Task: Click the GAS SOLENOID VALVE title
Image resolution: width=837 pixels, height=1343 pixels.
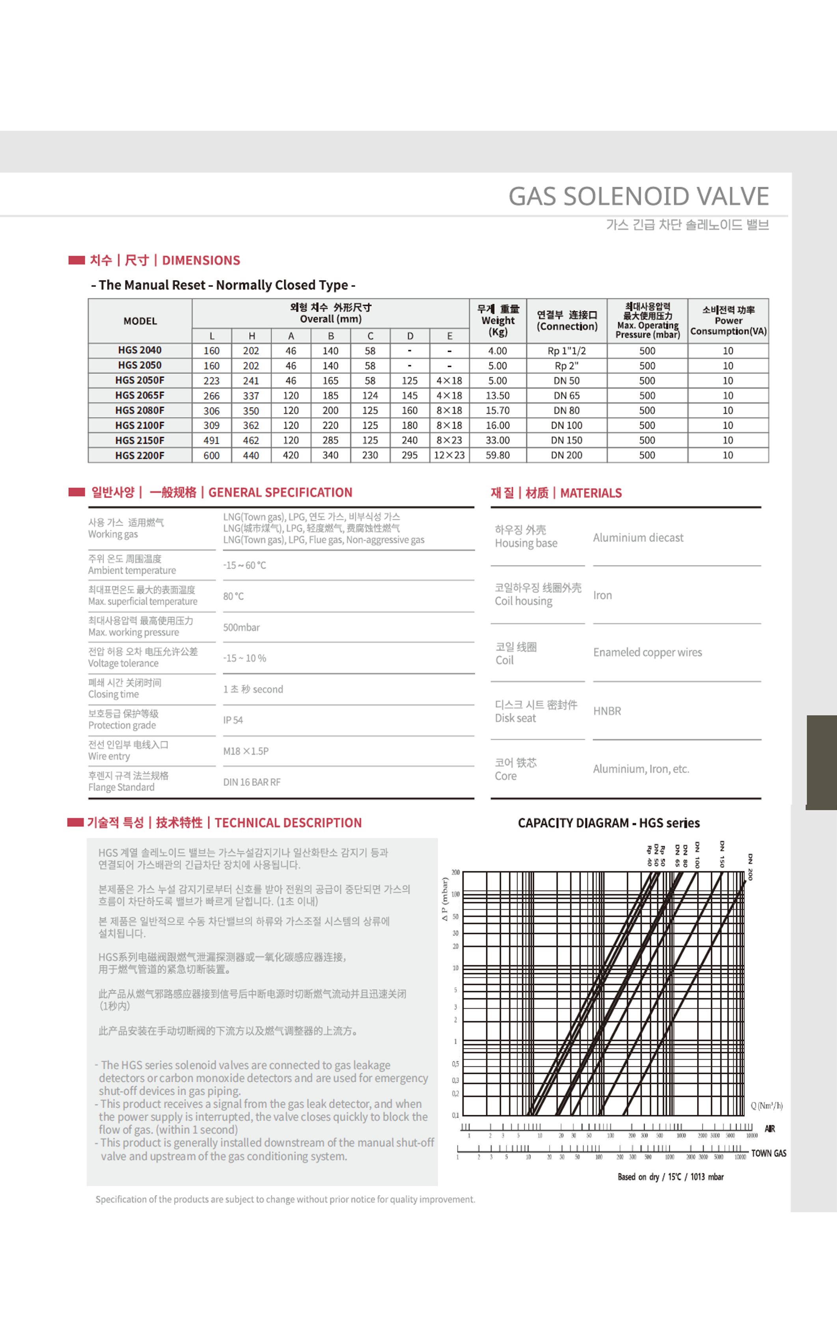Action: click(x=638, y=196)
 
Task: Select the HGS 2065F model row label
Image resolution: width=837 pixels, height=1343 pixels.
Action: click(x=140, y=395)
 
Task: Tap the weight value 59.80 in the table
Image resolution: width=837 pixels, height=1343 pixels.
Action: click(x=497, y=455)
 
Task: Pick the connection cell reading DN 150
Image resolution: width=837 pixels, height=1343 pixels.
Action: click(x=566, y=440)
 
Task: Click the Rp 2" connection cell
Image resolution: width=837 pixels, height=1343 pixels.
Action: click(x=566, y=366)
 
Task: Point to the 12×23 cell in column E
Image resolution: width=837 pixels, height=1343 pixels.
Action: click(x=449, y=455)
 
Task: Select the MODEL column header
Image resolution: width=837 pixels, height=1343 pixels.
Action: click(x=140, y=321)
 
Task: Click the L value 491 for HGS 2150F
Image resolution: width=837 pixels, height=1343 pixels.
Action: click(x=211, y=440)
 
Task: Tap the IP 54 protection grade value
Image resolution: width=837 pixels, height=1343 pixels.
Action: click(x=233, y=720)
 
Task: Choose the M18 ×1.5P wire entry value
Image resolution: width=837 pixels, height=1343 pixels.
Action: click(x=246, y=751)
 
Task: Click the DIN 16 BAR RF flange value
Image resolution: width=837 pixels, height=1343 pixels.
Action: click(x=252, y=782)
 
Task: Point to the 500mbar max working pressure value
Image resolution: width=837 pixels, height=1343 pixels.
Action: click(x=241, y=627)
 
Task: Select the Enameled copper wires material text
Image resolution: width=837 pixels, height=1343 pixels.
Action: click(x=647, y=653)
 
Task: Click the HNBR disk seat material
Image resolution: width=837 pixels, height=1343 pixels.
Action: click(x=607, y=711)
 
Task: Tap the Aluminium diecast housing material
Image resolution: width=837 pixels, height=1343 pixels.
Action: click(x=638, y=537)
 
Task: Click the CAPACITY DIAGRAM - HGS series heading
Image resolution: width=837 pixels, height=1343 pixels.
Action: click(x=608, y=823)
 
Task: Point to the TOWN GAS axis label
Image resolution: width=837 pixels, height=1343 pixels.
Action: click(x=768, y=1153)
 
